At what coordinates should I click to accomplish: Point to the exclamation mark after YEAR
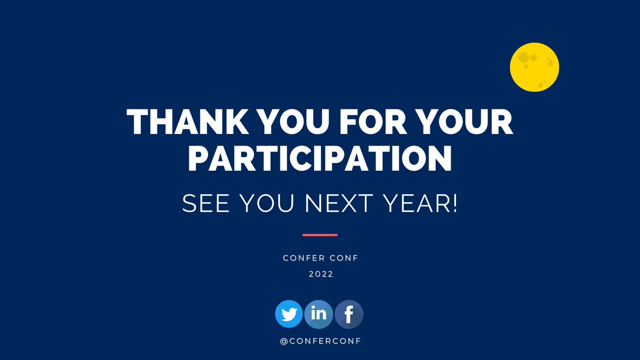pyautogui.click(x=454, y=204)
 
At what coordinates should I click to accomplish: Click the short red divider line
pyautogui.click(x=320, y=235)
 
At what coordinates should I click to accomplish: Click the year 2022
pyautogui.click(x=320, y=274)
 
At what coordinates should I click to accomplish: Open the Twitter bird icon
pyautogui.click(x=289, y=314)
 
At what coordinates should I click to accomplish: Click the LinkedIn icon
pyautogui.click(x=318, y=314)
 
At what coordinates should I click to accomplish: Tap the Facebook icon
pyautogui.click(x=349, y=314)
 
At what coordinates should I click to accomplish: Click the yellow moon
pyautogui.click(x=534, y=67)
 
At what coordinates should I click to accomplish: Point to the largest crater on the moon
pyautogui.click(x=524, y=57)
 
